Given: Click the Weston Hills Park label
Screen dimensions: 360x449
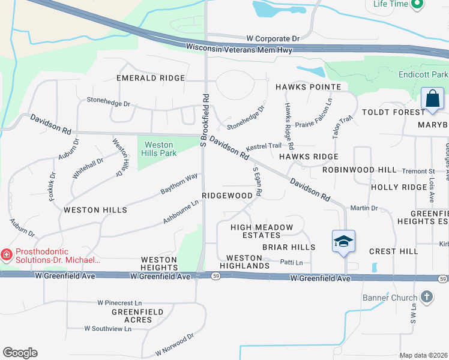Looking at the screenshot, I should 158,149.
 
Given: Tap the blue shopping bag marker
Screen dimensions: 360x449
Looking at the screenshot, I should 432,98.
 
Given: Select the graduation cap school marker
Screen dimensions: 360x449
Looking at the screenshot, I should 343,241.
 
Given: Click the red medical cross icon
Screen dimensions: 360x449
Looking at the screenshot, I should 7,256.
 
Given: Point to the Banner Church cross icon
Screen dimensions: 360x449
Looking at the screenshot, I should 426,297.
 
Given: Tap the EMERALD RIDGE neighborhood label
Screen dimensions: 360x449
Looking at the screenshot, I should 151,78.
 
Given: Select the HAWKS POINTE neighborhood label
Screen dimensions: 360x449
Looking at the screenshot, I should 308,87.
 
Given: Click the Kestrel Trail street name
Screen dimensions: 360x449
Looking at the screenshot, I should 264,146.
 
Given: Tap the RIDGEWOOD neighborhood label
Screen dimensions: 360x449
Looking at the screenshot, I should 228,196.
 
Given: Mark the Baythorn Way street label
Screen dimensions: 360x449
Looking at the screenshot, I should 179,184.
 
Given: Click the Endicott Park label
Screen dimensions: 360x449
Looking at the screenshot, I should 423,75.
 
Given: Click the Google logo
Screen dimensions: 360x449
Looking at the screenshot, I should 20,353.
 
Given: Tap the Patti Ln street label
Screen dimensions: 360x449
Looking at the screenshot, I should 291,262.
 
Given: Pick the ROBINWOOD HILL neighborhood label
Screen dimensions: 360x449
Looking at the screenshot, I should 359,170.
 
